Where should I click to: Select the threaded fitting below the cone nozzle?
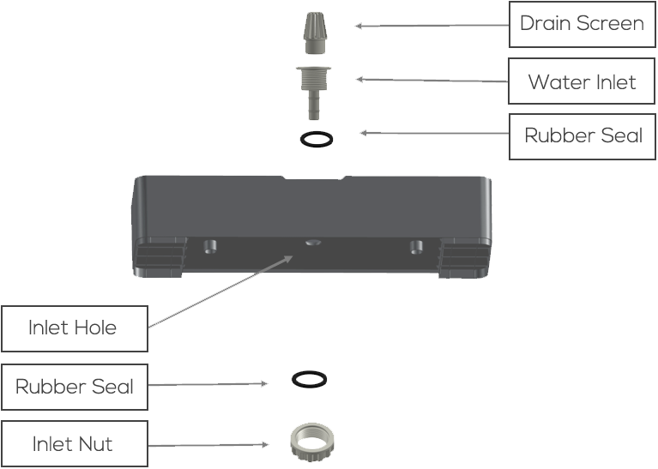tap(311, 78)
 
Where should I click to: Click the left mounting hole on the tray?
tap(207, 247)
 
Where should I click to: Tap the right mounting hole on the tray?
tap(416, 247)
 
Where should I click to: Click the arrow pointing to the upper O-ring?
tap(433, 134)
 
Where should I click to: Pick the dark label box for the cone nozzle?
tap(576, 24)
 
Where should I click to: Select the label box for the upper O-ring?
tap(576, 136)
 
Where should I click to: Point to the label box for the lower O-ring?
tap(74, 387)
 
